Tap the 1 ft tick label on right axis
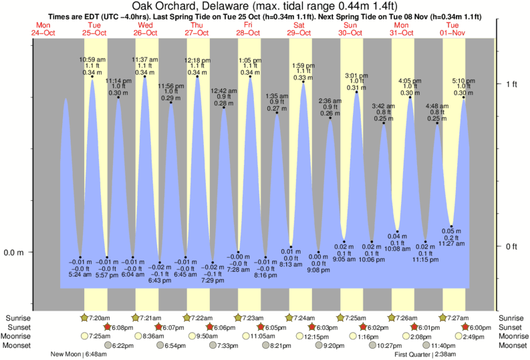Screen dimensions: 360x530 [511, 83]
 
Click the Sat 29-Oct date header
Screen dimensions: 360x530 [299, 28]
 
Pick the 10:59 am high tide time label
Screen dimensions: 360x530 [93, 60]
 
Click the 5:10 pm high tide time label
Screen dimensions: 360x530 [463, 81]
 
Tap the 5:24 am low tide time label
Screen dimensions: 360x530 [80, 274]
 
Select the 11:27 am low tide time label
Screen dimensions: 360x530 [452, 244]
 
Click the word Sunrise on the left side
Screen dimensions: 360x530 [19, 317]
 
